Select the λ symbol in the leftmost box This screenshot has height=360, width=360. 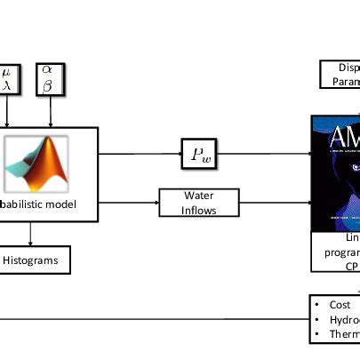[x=7, y=86]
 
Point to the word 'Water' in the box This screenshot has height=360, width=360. [x=199, y=195]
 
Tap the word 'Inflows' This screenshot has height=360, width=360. [x=199, y=210]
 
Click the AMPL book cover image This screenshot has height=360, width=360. [x=336, y=173]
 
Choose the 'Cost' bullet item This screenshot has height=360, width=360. [x=340, y=304]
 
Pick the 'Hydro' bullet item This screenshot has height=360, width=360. [x=343, y=319]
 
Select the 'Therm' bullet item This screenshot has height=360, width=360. [x=343, y=334]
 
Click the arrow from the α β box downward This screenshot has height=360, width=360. [x=51, y=111]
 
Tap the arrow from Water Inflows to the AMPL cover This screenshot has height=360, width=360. [x=275, y=203]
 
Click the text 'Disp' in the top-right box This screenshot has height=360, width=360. [x=348, y=68]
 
